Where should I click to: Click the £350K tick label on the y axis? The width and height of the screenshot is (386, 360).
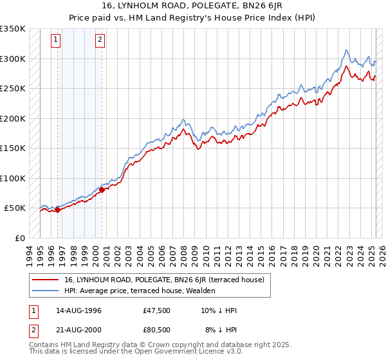point(13,29)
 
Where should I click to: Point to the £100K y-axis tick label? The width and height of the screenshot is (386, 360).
point(13,178)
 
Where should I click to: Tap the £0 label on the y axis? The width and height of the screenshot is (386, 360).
point(20,238)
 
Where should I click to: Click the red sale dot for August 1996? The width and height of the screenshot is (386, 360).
point(57,209)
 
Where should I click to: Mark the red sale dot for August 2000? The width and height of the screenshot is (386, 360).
point(102,190)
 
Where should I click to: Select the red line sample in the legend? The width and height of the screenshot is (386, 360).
point(46,280)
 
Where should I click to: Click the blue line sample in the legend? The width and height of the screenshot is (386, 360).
point(46,291)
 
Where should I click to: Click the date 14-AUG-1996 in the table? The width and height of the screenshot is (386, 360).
point(78,310)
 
